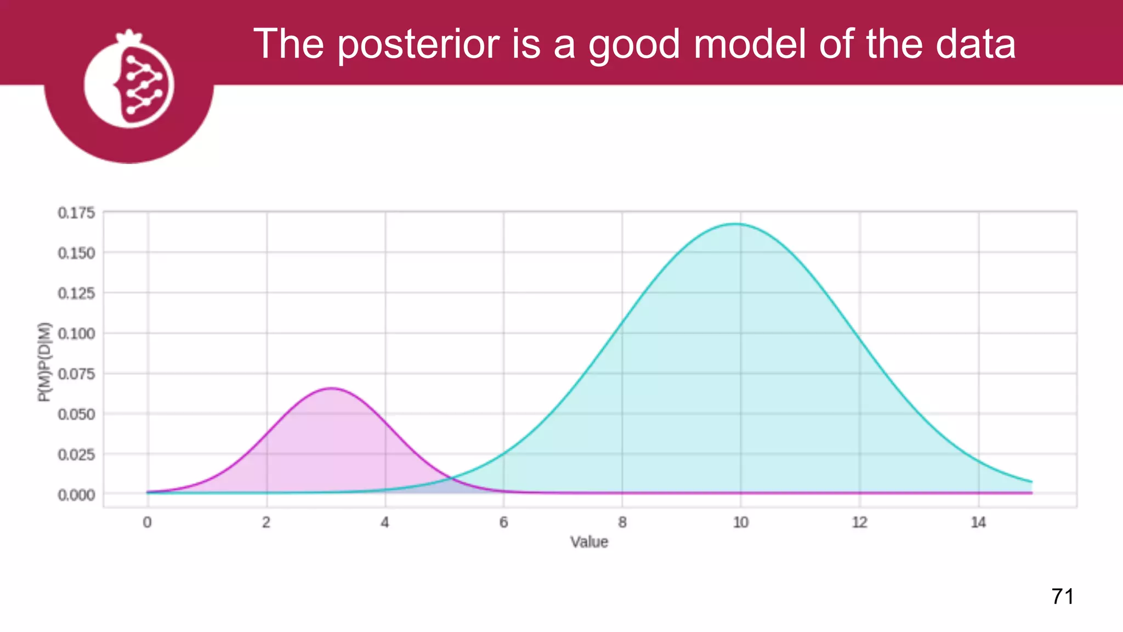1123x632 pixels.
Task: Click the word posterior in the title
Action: (418, 44)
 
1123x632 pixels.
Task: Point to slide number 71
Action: (1062, 596)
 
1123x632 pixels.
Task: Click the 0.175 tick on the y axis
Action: (76, 213)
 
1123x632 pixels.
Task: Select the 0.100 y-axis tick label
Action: (76, 334)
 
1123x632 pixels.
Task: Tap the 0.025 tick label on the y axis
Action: (76, 455)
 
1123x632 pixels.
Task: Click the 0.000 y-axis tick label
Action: (76, 495)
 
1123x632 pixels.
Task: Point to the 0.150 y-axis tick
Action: (76, 253)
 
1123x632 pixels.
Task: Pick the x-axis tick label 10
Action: (740, 522)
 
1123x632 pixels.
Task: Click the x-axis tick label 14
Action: (978, 522)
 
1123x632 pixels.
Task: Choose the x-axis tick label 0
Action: (147, 522)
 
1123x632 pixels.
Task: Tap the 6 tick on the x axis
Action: (503, 522)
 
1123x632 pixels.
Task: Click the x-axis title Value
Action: (589, 542)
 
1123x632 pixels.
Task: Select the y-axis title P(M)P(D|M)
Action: (44, 362)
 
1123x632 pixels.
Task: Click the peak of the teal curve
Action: (735, 223)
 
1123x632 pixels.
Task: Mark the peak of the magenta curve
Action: (331, 388)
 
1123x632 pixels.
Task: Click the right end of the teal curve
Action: (1031, 482)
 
